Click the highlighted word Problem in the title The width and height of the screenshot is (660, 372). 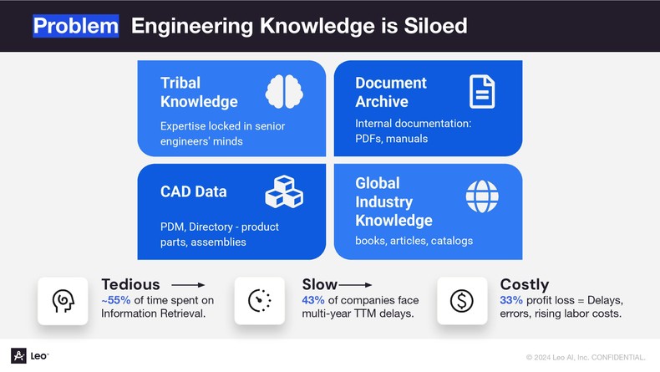[x=76, y=26]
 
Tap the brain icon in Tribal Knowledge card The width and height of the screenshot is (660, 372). [x=284, y=91]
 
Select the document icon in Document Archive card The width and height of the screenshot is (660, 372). [x=482, y=91]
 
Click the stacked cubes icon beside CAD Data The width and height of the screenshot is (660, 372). [x=284, y=191]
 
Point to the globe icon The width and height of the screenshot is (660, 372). [x=482, y=196]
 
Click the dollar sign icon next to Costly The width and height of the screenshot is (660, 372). [x=462, y=301]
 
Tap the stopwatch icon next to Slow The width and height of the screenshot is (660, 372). [x=259, y=301]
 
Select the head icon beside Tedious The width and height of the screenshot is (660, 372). [x=63, y=301]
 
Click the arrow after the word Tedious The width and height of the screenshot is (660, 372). [x=188, y=285]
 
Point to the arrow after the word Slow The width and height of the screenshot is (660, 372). [x=355, y=285]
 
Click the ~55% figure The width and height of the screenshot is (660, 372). [x=116, y=300]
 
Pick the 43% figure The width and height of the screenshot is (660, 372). [x=313, y=300]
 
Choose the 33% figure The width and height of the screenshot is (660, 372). [x=511, y=300]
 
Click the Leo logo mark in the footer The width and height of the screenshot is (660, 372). [x=18, y=356]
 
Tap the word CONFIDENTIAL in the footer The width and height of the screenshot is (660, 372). [x=618, y=358]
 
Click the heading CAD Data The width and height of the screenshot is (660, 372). [x=194, y=191]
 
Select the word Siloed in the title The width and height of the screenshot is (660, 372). [x=435, y=26]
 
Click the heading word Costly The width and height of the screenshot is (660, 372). [x=525, y=285]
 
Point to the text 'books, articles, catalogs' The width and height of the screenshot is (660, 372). [x=414, y=241]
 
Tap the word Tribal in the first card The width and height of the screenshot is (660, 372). [x=180, y=83]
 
